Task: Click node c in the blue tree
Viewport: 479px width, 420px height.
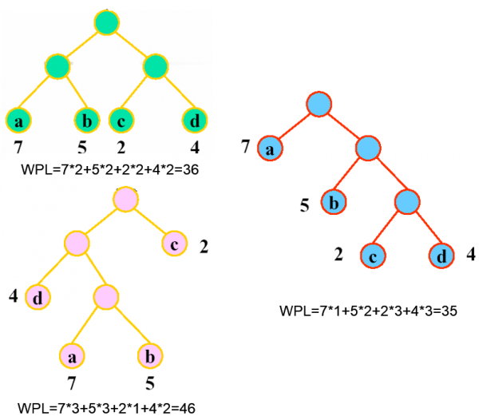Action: click(371, 257)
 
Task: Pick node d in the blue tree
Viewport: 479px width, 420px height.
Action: click(441, 257)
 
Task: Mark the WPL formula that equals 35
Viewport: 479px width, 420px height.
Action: click(368, 310)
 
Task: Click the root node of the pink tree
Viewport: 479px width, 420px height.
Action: click(125, 200)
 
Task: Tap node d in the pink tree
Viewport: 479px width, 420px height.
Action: click(38, 297)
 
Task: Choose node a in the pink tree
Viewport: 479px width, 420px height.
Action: click(72, 352)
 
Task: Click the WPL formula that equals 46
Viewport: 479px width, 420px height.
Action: click(105, 406)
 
